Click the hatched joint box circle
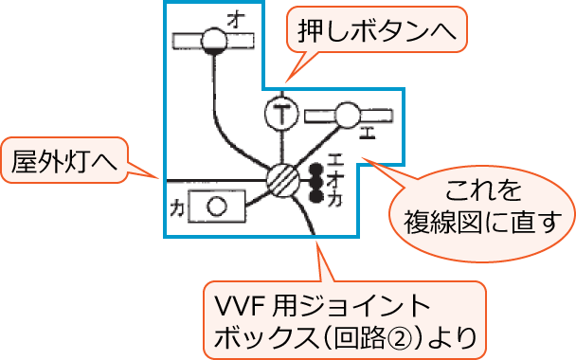click(x=283, y=179)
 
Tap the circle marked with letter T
click(x=280, y=115)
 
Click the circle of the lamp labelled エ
click(x=347, y=117)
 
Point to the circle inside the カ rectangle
click(x=217, y=204)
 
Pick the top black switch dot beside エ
click(x=315, y=170)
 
